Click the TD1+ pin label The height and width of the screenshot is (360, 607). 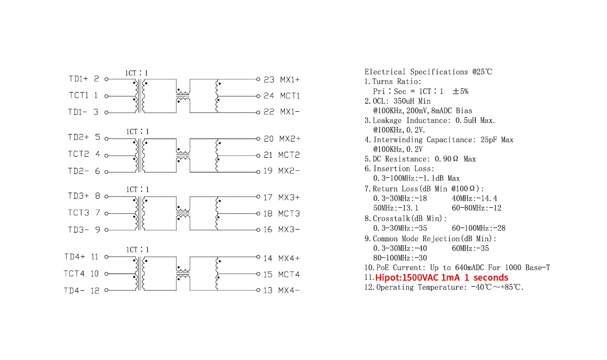pos(78,79)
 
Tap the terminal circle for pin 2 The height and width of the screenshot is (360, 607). pos(106,79)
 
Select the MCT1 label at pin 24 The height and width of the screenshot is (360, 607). pos(290,96)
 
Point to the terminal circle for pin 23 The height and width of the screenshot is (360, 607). pos(258,79)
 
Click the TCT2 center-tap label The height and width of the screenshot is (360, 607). pos(78,154)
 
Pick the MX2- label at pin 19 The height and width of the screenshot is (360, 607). pos(289,171)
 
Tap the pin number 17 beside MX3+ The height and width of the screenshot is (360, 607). pos(268,197)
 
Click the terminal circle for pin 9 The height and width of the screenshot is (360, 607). pos(106,230)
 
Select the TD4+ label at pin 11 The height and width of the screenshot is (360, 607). pos(74,257)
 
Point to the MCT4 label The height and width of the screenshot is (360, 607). pos(290,275)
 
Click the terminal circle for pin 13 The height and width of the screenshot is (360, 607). pos(258,291)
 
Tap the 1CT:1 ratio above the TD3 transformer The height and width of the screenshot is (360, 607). pos(138,190)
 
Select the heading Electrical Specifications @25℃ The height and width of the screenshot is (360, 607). pos(428,72)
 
